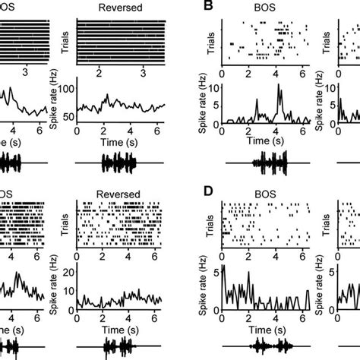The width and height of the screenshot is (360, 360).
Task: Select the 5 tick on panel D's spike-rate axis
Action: [216, 270]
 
